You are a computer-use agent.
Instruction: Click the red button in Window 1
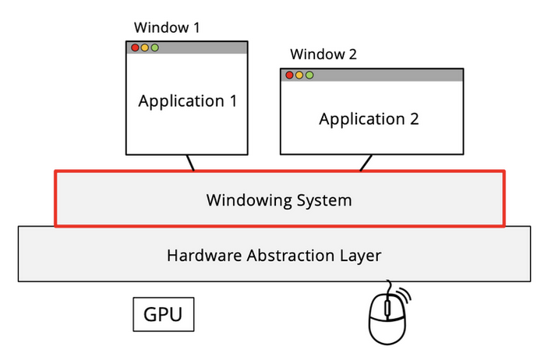135,48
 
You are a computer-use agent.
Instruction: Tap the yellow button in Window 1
145,48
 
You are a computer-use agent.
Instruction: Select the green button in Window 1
154,48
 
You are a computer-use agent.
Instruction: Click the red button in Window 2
289,75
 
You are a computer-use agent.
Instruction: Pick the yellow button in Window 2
299,75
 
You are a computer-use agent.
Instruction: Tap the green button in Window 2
309,75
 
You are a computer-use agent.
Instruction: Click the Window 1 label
167,28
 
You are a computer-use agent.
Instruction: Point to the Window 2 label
323,55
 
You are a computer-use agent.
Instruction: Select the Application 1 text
187,101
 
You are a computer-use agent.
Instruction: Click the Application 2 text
369,119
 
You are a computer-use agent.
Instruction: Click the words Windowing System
279,200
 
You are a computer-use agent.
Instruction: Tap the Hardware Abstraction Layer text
274,254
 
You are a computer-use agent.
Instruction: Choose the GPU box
163,315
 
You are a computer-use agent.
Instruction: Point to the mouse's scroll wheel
387,309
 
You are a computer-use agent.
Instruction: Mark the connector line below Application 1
189,162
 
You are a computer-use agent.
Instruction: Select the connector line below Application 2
365,162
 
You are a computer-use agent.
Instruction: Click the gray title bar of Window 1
203,48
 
